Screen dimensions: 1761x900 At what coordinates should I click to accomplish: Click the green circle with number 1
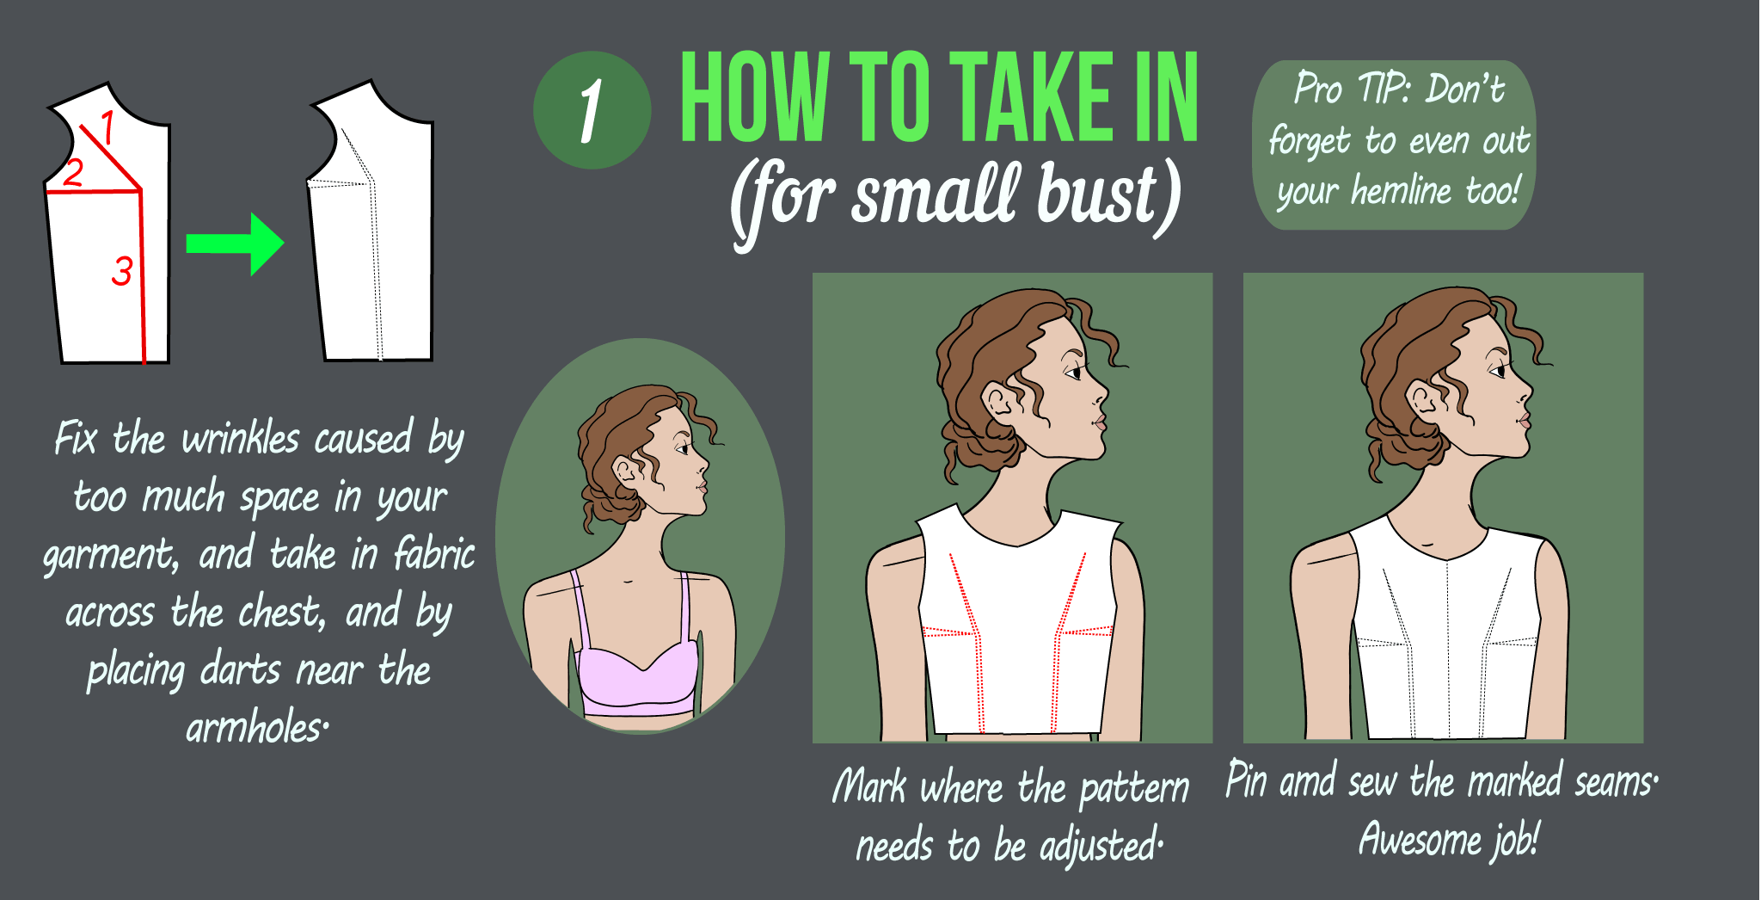coord(592,110)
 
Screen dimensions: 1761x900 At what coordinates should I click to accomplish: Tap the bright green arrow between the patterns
coord(235,243)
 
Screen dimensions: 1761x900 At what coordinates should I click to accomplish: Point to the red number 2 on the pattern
coord(73,172)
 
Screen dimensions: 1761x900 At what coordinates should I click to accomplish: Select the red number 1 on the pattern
coord(107,127)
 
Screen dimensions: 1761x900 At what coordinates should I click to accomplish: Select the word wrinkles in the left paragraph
coord(241,439)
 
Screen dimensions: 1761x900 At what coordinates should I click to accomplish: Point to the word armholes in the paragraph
coord(255,728)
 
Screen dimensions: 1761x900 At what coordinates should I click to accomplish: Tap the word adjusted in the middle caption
coord(1100,846)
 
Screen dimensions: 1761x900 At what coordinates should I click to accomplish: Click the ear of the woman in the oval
coord(625,470)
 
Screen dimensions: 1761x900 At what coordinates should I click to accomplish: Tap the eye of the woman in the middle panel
coord(1073,373)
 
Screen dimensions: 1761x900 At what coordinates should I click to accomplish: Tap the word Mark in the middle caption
coord(869,786)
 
